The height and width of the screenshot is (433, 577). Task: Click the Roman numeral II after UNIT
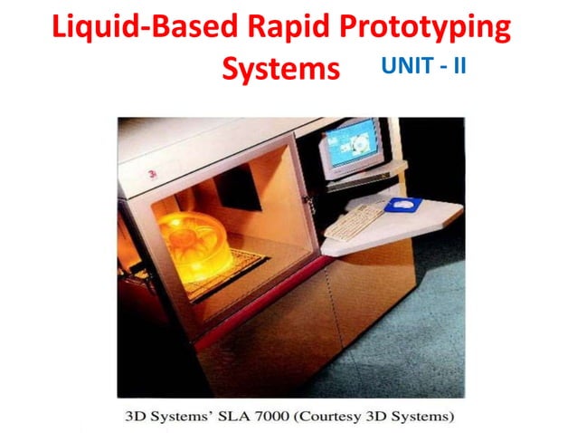[x=459, y=65]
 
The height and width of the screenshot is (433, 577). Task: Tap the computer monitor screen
[x=352, y=143]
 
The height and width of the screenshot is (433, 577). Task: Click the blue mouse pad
[x=402, y=206]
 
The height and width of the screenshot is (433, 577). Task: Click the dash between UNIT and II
[x=442, y=66]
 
